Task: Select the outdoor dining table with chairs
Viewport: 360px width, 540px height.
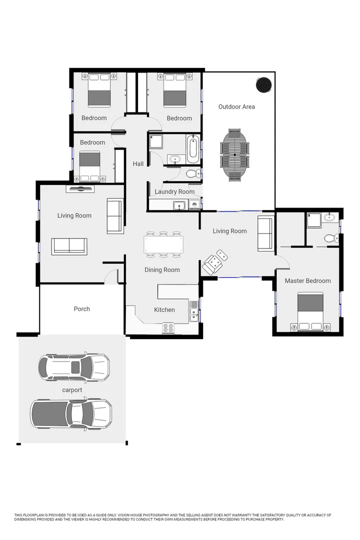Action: [234, 154]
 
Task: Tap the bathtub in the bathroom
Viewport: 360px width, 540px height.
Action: [192, 148]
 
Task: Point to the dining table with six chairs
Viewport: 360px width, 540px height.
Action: [163, 244]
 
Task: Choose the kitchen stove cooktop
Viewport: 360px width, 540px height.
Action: [168, 328]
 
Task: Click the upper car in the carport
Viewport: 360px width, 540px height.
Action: [73, 367]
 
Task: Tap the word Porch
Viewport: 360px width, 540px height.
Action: [82, 309]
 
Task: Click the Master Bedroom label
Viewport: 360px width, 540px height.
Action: [307, 281]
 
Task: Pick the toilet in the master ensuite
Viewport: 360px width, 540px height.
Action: [331, 238]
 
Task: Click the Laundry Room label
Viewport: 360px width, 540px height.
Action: [174, 191]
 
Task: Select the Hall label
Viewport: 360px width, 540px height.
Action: [138, 164]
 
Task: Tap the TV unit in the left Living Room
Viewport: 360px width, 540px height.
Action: [80, 189]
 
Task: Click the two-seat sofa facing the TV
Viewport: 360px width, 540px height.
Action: [69, 246]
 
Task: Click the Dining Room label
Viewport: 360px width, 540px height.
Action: [162, 270]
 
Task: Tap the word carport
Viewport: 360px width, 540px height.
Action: [72, 390]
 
